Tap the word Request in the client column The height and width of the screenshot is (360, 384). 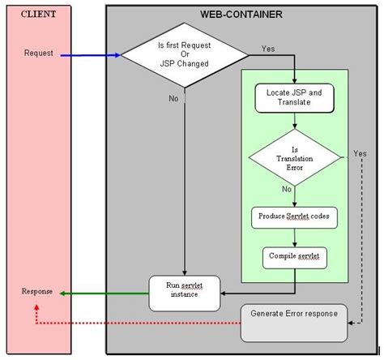[x=39, y=54]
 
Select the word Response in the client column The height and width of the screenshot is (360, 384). [x=38, y=290]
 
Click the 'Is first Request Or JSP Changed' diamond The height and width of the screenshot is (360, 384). [x=185, y=54]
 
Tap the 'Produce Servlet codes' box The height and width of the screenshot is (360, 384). [x=294, y=216]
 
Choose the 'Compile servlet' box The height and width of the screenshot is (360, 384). [x=294, y=257]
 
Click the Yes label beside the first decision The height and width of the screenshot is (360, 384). [x=268, y=49]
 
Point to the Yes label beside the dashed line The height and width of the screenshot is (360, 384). [x=360, y=154]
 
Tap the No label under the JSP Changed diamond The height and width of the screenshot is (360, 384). [x=173, y=98]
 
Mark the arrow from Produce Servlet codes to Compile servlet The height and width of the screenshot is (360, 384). [x=294, y=237]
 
